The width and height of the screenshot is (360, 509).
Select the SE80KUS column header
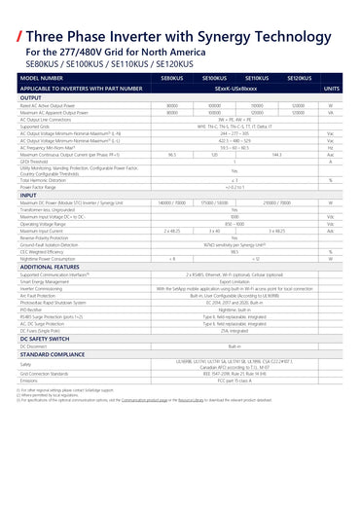(172, 77)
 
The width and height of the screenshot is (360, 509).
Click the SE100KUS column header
(214, 77)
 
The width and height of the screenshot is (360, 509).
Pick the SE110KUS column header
(257, 77)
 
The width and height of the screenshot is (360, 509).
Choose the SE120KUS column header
(300, 77)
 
